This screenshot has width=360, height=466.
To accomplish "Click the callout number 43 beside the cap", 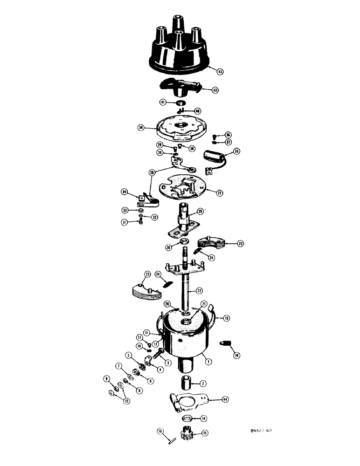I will pyautogui.click(x=220, y=71).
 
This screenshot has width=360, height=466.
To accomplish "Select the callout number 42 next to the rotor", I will pyautogui.click(x=215, y=89).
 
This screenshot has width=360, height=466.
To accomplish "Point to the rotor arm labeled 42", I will pyautogui.click(x=180, y=86).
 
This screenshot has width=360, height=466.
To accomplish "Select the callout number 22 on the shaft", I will pyautogui.click(x=199, y=290).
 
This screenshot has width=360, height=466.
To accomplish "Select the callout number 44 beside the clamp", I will pyautogui.click(x=226, y=399).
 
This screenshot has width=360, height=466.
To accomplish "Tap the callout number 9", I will pyautogui.click(x=106, y=378).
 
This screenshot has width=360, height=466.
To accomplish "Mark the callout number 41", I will pyautogui.click(x=163, y=102).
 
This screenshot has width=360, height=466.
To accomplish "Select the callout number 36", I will pyautogui.click(x=228, y=135).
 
